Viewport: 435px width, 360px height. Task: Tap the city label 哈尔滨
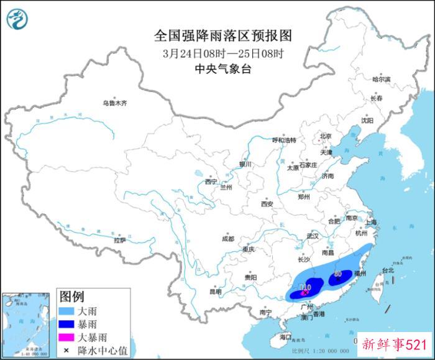tap(381, 80)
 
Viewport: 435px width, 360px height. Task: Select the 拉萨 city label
tap(120, 239)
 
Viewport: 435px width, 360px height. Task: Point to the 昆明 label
tap(215, 291)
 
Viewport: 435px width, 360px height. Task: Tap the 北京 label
tap(326, 136)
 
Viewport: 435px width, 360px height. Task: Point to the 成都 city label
tap(227, 238)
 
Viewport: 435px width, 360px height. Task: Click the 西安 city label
tap(267, 204)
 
